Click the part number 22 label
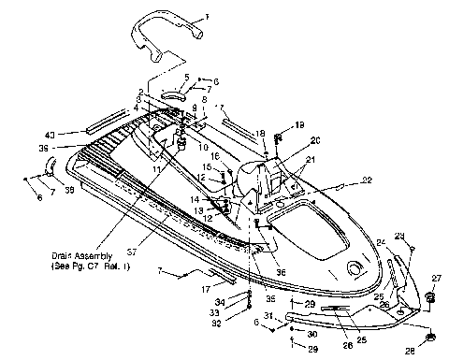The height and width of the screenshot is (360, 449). pos(342,180)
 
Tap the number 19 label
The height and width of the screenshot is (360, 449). pos(299,124)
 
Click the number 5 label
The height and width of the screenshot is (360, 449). pos(186,77)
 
